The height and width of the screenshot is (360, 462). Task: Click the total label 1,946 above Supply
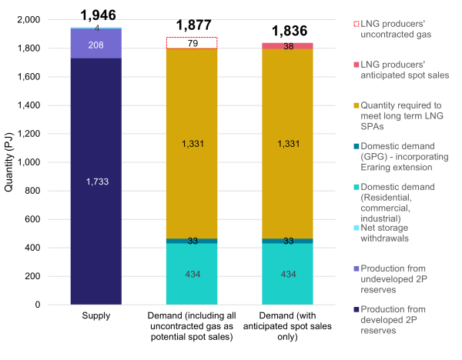(96, 15)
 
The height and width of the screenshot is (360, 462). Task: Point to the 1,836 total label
(289, 32)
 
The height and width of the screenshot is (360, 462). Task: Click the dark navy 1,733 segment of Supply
(96, 181)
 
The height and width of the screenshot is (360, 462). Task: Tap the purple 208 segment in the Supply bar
(96, 43)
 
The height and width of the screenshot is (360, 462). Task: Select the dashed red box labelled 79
(192, 43)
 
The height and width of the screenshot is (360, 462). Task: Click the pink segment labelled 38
(289, 46)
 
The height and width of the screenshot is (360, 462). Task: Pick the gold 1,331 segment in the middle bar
(192, 144)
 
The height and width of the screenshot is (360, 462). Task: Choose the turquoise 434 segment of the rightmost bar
(289, 275)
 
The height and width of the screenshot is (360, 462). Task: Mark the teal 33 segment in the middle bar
(192, 241)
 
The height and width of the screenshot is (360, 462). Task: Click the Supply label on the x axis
(96, 316)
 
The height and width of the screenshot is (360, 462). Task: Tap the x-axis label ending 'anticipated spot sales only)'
(289, 328)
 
